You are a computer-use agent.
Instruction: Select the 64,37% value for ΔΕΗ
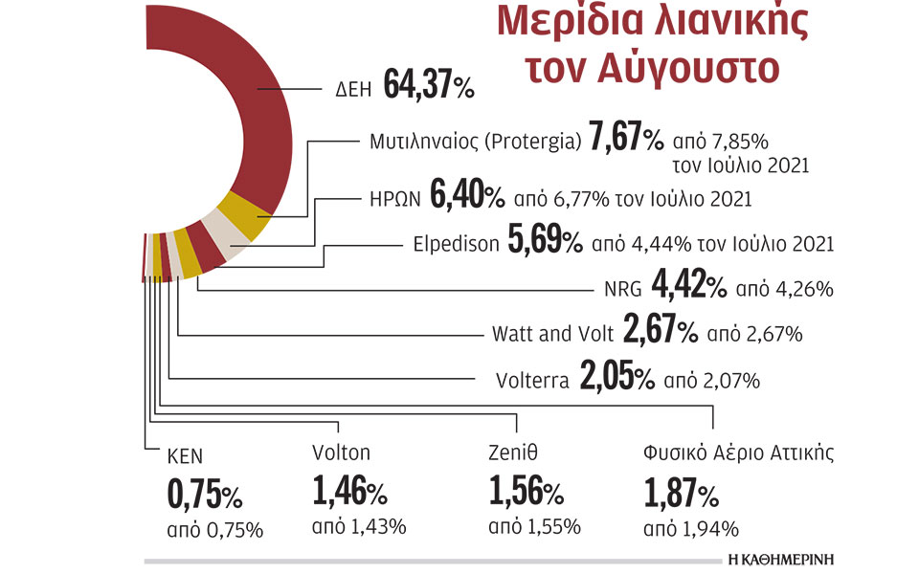[x=429, y=86]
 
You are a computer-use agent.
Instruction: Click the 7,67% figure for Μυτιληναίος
[x=627, y=141]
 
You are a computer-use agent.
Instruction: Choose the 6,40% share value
[x=467, y=197]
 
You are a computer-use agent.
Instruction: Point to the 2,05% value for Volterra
[x=616, y=379]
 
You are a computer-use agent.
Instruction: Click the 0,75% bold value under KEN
[x=204, y=495]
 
